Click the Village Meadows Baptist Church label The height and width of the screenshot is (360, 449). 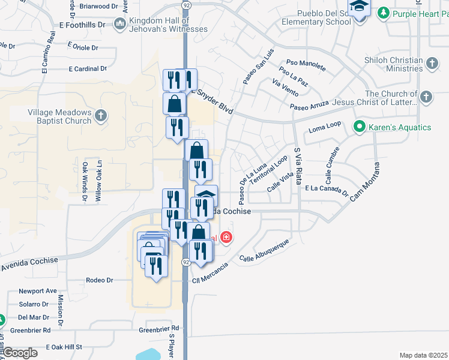click(59, 116)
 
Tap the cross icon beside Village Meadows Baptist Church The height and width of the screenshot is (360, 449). click(101, 113)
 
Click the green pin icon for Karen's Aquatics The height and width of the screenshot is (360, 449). click(360, 127)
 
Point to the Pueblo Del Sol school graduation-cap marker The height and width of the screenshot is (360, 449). click(360, 8)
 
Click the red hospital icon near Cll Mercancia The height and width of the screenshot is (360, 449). click(226, 238)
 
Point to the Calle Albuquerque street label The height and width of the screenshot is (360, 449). click(264, 251)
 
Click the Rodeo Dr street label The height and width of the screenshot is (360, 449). click(100, 280)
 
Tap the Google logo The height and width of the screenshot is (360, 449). click(20, 352)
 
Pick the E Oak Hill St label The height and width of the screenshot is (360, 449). click(63, 347)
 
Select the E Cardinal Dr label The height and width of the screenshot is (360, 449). click(88, 69)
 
